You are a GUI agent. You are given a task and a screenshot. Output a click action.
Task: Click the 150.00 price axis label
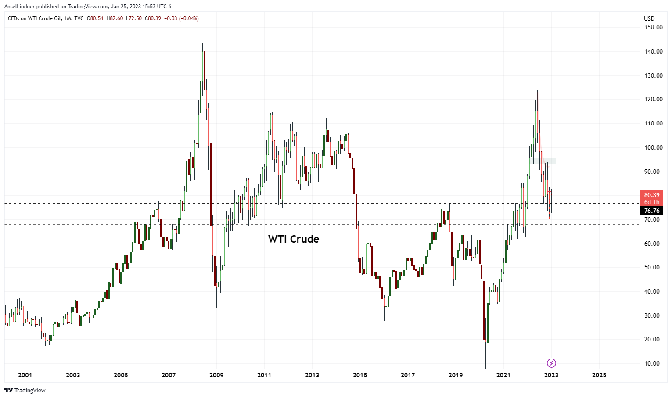[x=653, y=27]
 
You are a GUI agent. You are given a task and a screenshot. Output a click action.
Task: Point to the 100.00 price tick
[x=653, y=147]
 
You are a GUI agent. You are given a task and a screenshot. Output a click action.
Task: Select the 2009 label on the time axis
[x=216, y=375]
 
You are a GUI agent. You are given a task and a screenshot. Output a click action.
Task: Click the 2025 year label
[x=599, y=375]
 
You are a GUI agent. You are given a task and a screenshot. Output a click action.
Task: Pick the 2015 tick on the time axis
[x=360, y=375]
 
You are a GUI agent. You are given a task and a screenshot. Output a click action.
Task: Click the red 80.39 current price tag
[x=652, y=195]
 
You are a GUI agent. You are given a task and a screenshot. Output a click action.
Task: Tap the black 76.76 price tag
[x=652, y=211]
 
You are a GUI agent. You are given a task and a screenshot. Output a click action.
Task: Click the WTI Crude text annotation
[x=294, y=239]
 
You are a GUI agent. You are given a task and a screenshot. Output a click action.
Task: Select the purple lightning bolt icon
[x=552, y=363]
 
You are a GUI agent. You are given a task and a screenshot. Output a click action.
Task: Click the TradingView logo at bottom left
[x=25, y=390]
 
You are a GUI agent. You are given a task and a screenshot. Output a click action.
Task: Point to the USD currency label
[x=649, y=18]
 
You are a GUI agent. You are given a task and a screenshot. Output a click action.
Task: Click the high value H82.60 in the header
[x=115, y=18]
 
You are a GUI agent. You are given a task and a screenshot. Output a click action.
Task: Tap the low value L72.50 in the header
[x=134, y=18]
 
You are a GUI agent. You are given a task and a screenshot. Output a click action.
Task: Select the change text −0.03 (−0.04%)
[x=181, y=18]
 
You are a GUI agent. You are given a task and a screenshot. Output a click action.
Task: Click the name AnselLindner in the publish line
[x=20, y=7]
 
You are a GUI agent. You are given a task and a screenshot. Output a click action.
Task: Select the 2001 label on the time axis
[x=25, y=375]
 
